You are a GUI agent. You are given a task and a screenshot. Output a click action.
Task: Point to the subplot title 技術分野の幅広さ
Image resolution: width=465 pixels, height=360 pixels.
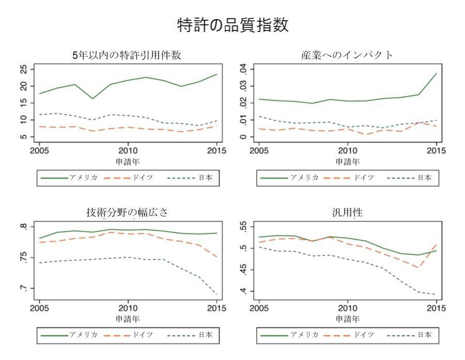128,213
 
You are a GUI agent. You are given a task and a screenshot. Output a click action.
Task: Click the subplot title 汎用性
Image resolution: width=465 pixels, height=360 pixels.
347,213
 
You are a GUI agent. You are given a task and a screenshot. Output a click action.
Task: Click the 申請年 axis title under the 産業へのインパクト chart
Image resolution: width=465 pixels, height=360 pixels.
347,162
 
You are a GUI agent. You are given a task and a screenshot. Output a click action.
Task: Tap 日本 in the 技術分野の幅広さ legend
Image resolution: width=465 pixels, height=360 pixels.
205,335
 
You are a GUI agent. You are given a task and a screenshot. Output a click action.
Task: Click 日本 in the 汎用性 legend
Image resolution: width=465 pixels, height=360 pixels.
425,335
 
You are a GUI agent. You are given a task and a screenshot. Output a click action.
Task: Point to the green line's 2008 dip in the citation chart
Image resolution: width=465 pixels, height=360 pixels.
92,99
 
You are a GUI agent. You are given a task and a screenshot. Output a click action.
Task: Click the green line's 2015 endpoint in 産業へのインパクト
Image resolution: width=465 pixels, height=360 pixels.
437,73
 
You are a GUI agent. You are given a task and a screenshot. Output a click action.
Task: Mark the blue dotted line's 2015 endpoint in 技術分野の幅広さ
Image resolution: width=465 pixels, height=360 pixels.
217,295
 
